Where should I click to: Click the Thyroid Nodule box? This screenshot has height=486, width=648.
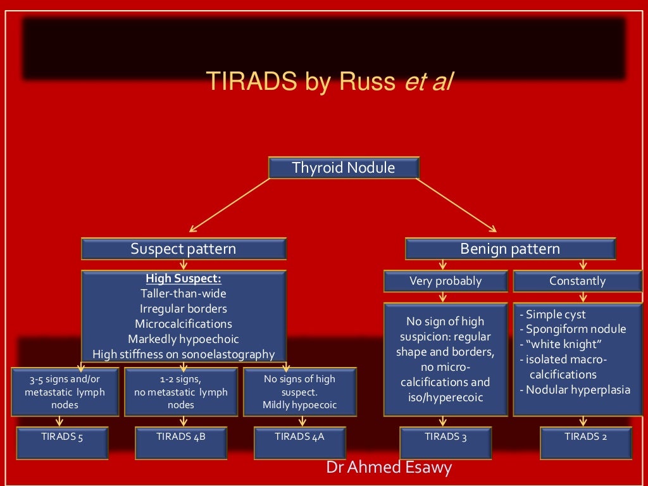coord(344,168)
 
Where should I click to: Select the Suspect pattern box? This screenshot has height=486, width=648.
coord(184,249)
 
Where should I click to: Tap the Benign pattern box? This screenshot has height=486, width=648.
coord(510,249)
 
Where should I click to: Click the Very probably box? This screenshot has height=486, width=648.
coord(445,281)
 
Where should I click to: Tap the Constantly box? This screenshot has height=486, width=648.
coord(577,281)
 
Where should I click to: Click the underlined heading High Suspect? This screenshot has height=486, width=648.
coord(184,278)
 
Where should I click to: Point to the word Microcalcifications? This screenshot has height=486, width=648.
coord(184,324)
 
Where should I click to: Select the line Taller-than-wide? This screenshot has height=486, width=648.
coord(184,294)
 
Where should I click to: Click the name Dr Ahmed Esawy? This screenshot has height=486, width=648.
coord(389,468)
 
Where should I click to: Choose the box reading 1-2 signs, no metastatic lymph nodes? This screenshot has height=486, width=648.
coord(181,391)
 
